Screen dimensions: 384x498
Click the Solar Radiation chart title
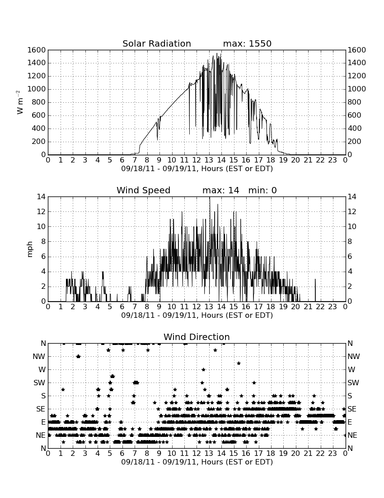point(156,43)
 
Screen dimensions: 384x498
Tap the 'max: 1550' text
point(247,43)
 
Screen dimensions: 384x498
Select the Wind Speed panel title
point(143,190)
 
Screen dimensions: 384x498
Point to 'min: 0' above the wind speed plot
point(262,190)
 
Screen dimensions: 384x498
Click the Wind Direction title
point(197,337)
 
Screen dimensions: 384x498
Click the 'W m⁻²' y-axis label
point(19,102)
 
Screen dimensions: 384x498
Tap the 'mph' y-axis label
point(30,249)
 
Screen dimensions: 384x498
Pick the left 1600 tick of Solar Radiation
point(37,50)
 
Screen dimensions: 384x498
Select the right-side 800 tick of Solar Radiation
point(355,102)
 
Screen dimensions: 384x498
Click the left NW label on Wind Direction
point(39,357)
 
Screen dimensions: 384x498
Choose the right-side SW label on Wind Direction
point(353,383)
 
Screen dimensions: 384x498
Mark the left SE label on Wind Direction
point(41,409)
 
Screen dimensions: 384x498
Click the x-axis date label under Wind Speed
point(197,316)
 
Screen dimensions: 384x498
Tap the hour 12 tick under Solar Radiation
point(197,160)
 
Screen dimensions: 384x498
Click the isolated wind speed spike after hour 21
point(315,290)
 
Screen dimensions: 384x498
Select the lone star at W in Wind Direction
point(203,370)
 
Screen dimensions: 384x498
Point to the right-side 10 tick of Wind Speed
point(351,226)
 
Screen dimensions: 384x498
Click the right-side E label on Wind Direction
point(350,422)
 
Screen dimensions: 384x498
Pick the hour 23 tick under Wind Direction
point(332,453)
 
